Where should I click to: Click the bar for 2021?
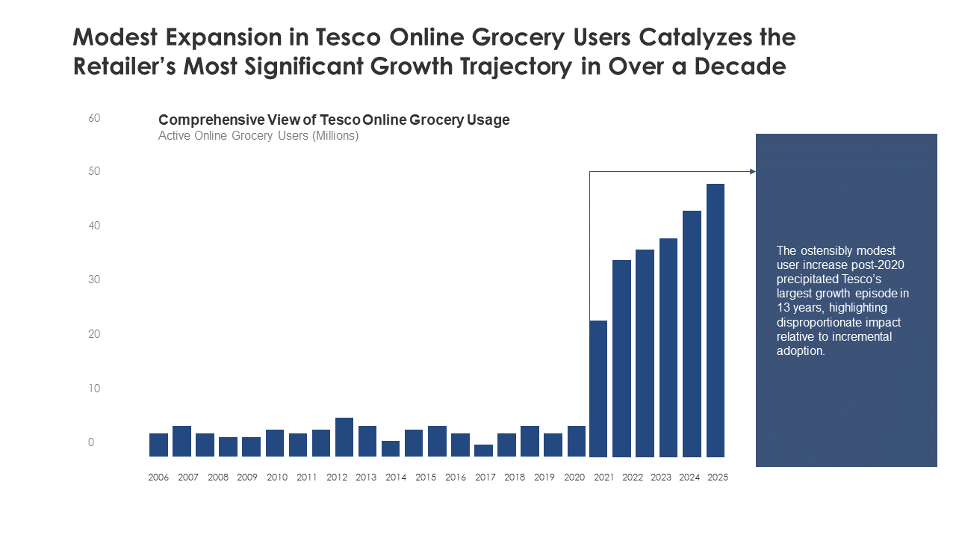[x=598, y=389]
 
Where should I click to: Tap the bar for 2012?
[x=344, y=437]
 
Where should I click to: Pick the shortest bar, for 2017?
[x=483, y=451]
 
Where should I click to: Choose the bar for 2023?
[x=668, y=347]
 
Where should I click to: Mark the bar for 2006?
[x=158, y=445]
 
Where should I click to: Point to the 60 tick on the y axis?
[x=94, y=118]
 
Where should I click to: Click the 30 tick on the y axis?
[x=94, y=279]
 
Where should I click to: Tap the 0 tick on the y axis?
[x=91, y=442]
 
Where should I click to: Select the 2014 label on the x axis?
[x=396, y=477]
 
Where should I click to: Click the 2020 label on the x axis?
[x=574, y=477]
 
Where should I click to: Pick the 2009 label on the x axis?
[x=247, y=477]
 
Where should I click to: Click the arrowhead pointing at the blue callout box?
[x=752, y=172]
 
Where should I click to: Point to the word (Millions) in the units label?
[x=335, y=136]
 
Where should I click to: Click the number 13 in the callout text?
[x=783, y=308]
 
